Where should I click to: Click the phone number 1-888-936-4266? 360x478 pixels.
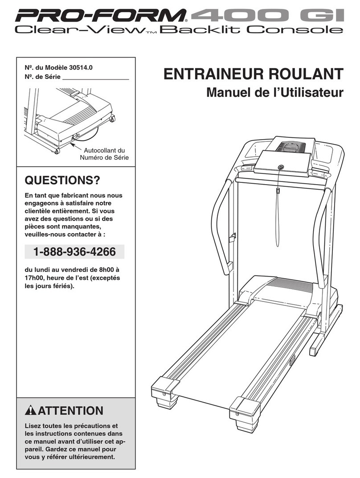pos(74,252)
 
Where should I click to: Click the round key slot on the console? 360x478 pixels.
pos(280,167)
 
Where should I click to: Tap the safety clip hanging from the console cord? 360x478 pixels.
pos(277,191)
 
